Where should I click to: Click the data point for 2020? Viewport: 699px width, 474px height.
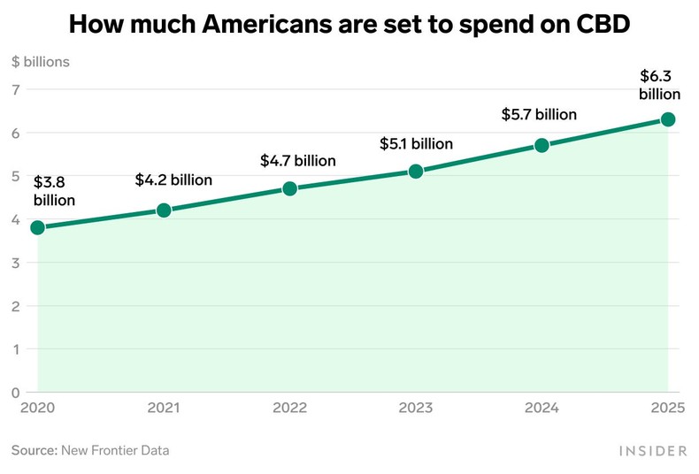(37, 227)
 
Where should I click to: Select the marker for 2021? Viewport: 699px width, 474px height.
(164, 210)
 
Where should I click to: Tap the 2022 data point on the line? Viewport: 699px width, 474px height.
(289, 188)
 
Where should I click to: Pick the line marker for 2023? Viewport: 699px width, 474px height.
(416, 172)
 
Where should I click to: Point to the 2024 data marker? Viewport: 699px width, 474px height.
(542, 145)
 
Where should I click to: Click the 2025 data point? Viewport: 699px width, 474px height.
(668, 119)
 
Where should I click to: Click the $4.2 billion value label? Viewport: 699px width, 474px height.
(173, 180)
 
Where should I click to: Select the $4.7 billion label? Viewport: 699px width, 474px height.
(298, 161)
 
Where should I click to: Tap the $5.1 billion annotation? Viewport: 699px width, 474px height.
(416, 143)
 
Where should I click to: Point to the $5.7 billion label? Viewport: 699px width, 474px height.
(539, 114)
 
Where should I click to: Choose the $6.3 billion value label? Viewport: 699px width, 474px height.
(660, 86)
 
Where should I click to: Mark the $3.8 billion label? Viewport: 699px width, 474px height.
(54, 192)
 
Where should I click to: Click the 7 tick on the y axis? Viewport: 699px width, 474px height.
(16, 89)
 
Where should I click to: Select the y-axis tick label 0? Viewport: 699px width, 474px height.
(16, 392)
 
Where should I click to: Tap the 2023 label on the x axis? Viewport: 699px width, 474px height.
(415, 409)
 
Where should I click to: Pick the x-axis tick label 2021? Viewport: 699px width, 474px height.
(164, 409)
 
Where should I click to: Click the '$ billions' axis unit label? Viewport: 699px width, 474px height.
(41, 62)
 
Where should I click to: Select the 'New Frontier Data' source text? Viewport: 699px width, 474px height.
(115, 450)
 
